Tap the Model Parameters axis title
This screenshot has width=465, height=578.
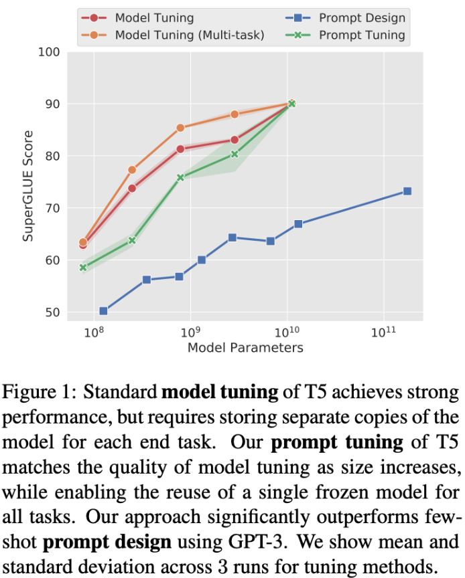[245, 348]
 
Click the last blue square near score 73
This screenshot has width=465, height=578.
[407, 191]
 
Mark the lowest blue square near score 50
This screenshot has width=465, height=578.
[103, 311]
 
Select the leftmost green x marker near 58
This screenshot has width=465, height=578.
[83, 268]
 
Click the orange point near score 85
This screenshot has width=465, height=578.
[180, 128]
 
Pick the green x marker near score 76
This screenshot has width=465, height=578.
[180, 177]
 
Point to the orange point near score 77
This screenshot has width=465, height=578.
[132, 170]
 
